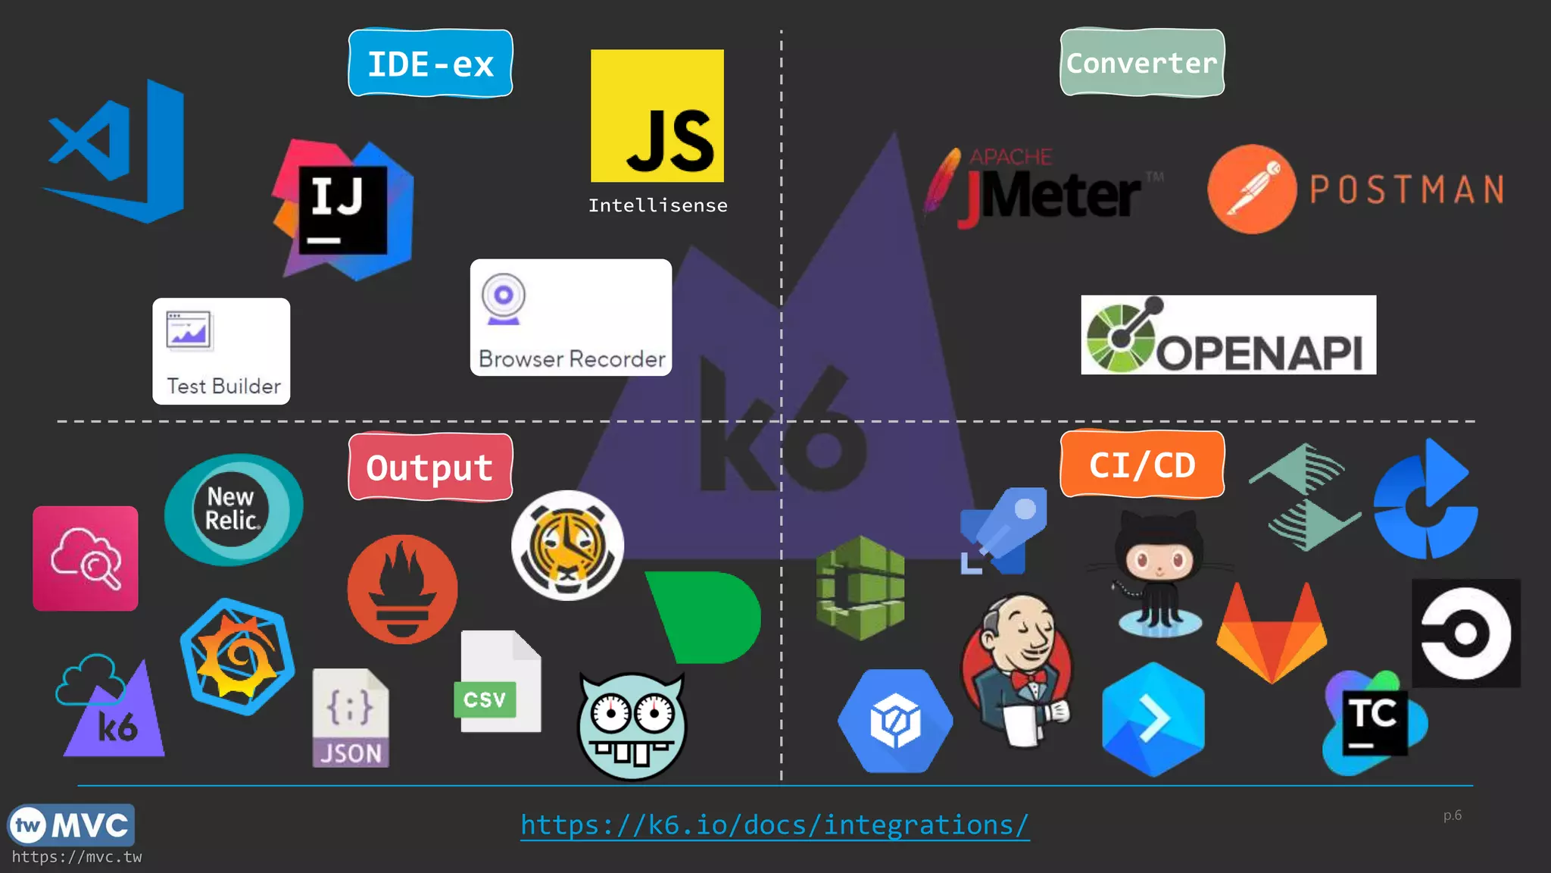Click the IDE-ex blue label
click(x=430, y=64)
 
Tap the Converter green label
click(x=1142, y=63)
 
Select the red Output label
click(x=430, y=467)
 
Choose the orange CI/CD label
click(x=1142, y=465)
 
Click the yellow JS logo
click(x=657, y=116)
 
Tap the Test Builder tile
click(x=221, y=351)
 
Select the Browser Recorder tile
click(x=570, y=318)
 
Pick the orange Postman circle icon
click(x=1252, y=189)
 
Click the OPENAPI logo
click(x=1228, y=335)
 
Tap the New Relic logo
click(x=233, y=509)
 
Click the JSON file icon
click(x=351, y=718)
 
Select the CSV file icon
click(x=500, y=682)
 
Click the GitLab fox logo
click(x=1272, y=634)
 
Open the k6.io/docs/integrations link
click(x=775, y=824)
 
